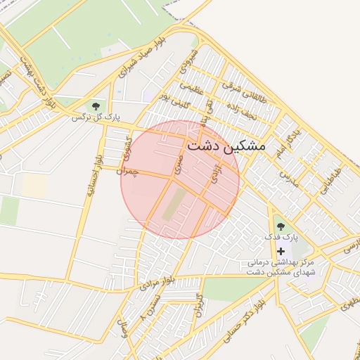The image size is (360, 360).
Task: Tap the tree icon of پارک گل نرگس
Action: [96, 106]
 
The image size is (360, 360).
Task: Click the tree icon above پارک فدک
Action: [281, 226]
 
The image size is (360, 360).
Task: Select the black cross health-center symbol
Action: [281, 251]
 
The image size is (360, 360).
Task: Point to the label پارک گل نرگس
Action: [96, 117]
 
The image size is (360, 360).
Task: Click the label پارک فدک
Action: [281, 238]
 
